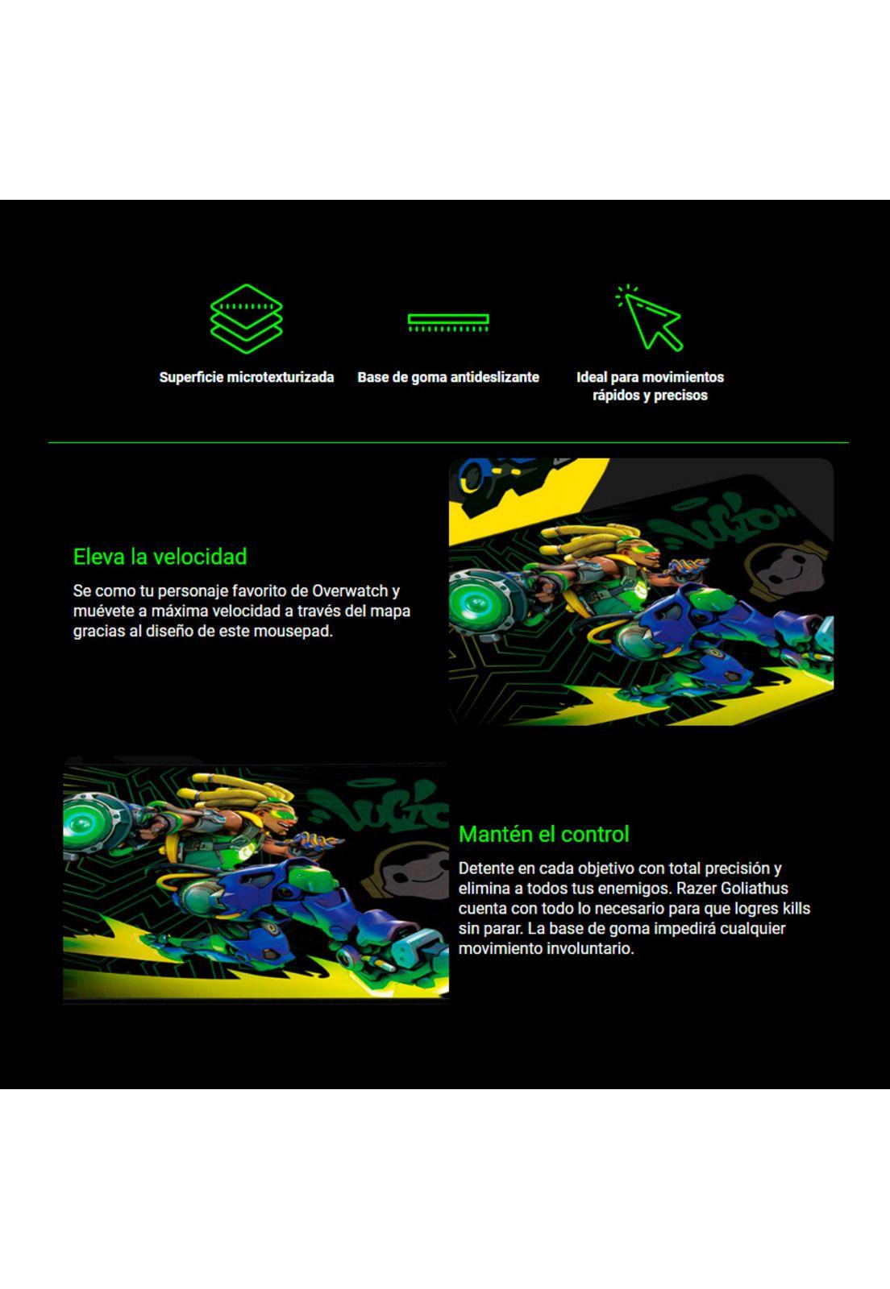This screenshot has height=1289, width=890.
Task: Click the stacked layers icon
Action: [246, 319]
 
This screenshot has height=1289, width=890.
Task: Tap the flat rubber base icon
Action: [448, 322]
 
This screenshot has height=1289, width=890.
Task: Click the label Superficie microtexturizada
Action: [246, 377]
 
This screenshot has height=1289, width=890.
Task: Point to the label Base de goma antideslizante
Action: [448, 377]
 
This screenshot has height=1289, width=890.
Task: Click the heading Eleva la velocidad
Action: [160, 557]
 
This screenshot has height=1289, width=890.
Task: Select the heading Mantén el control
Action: [543, 834]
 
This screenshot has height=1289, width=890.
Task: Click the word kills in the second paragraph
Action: [796, 909]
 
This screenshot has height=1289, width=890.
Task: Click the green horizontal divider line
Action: [448, 442]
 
